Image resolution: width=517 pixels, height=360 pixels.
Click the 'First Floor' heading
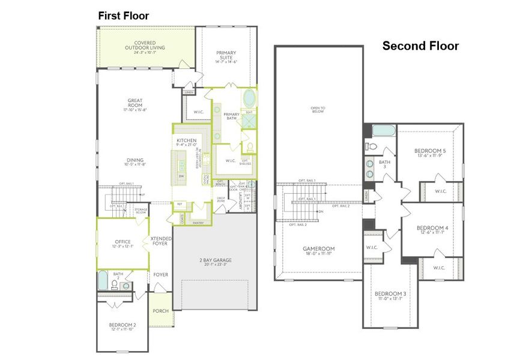click(124, 16)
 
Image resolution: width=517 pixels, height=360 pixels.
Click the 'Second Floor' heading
click(420, 46)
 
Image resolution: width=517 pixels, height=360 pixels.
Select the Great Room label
click(135, 103)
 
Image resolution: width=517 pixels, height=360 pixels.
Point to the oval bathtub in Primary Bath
click(249, 98)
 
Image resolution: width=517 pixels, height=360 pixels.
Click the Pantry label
click(198, 223)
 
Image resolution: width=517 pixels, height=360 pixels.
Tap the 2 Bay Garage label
click(216, 260)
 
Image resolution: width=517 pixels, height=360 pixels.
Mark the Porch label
click(160, 311)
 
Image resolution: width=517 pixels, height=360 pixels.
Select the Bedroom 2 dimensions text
click(122, 329)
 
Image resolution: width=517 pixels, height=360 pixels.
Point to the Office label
click(122, 242)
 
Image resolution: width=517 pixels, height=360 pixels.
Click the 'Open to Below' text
click(318, 110)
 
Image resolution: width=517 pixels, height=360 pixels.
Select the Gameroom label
click(318, 248)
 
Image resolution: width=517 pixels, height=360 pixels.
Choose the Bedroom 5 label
click(430, 151)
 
